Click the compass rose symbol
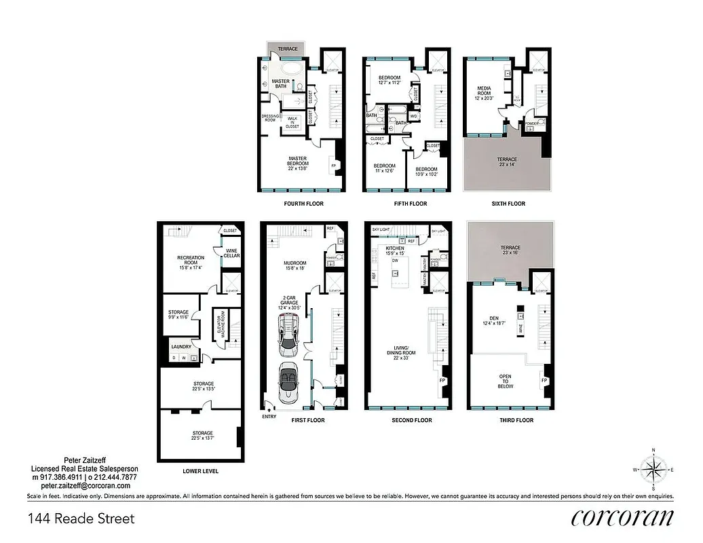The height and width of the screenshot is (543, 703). click(653, 469)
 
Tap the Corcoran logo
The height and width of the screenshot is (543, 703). click(622, 518)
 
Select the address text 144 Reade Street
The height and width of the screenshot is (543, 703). click(81, 519)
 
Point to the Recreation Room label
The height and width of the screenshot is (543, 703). click(191, 261)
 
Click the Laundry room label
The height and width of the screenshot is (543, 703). click(181, 346)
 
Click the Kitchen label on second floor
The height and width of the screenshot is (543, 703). click(395, 249)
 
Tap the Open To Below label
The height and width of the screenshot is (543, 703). click(506, 381)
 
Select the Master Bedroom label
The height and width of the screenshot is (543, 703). click(298, 161)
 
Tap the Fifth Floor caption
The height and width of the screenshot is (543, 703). click(411, 204)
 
